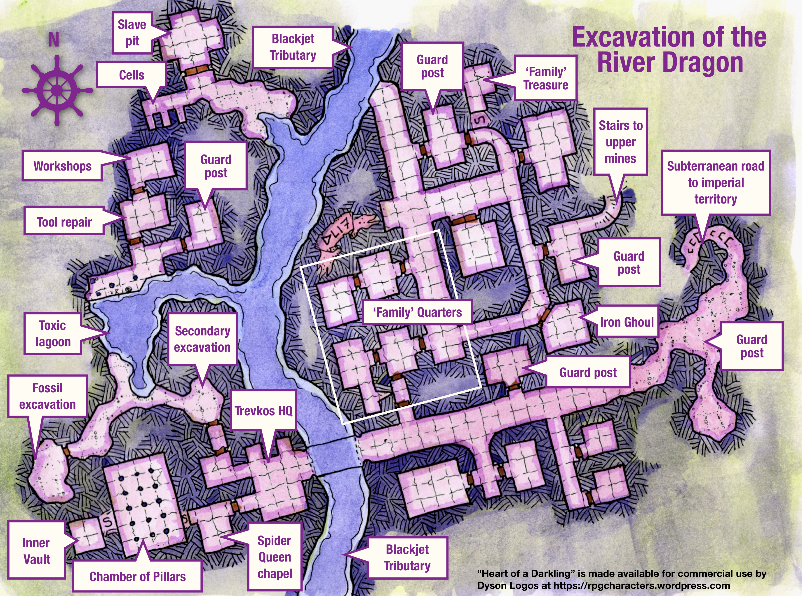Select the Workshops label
click(x=63, y=166)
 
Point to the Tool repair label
click(x=64, y=222)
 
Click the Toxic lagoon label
click(x=53, y=333)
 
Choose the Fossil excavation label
click(x=47, y=396)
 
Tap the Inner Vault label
click(x=37, y=551)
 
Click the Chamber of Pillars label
click(x=137, y=576)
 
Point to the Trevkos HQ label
click(x=263, y=410)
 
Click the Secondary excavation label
click(x=202, y=339)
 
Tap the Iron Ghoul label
click(x=627, y=322)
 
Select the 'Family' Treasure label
click(x=546, y=78)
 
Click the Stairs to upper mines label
click(x=620, y=142)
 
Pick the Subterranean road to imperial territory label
click(x=716, y=183)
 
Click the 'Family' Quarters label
click(x=417, y=312)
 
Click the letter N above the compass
click(x=54, y=39)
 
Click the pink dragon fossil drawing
click(x=343, y=233)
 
